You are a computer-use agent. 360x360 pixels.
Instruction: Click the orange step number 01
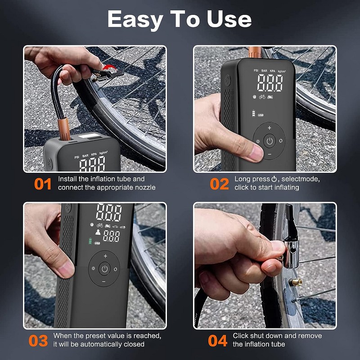click(43, 184)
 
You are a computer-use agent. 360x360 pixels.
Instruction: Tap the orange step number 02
click(220, 184)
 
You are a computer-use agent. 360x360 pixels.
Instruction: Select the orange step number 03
click(38, 341)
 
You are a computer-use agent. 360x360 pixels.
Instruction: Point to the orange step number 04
click(218, 341)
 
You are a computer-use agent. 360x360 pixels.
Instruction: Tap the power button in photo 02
click(270, 141)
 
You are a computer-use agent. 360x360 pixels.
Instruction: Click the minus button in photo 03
click(104, 282)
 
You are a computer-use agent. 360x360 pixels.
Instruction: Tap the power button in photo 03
click(104, 269)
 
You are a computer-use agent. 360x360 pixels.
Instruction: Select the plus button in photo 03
click(105, 256)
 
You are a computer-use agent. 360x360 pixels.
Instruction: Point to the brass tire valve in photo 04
click(295, 282)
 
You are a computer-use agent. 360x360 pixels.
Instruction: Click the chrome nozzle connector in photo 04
click(291, 252)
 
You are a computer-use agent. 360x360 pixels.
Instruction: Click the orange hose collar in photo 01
click(63, 129)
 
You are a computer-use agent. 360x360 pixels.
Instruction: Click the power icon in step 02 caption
click(274, 179)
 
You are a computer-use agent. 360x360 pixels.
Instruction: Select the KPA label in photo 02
click(272, 71)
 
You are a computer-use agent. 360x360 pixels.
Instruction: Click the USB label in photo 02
click(261, 115)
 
